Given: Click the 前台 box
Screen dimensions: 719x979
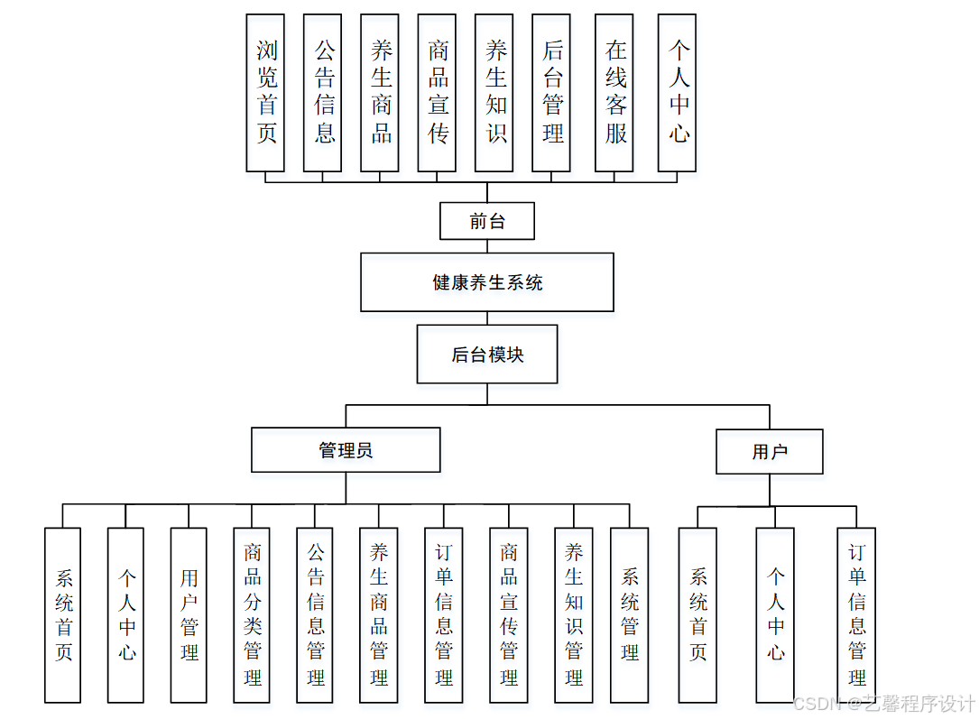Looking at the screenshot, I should (487, 221).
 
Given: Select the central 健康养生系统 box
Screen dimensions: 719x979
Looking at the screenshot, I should (487, 282).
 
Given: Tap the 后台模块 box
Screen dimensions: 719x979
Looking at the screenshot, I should (487, 355).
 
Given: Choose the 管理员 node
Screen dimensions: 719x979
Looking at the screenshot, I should (346, 450).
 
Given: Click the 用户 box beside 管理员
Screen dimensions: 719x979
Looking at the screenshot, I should (770, 452).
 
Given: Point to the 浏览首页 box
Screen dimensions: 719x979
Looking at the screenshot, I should (265, 93).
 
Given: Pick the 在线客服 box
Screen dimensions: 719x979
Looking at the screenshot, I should (615, 93).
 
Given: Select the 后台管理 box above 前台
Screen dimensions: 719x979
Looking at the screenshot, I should (551, 93).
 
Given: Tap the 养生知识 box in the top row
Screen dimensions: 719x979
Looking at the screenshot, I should (494, 93).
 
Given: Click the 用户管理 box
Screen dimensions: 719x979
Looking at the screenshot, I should (189, 615).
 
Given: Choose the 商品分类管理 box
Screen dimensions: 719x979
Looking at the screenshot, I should (252, 615).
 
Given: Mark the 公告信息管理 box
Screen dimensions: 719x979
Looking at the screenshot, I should (316, 615).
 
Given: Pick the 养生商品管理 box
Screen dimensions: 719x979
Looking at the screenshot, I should (379, 615).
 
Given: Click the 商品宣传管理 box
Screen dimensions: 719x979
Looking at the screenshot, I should (509, 615).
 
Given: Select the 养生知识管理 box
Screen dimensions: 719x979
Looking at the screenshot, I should (574, 615).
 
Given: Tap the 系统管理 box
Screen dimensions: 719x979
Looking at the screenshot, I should (630, 615).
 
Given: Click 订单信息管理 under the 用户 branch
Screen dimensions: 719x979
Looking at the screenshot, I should (856, 615).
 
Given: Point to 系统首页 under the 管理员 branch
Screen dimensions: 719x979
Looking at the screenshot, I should (62, 615).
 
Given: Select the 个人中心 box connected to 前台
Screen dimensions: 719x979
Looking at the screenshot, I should (678, 93).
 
